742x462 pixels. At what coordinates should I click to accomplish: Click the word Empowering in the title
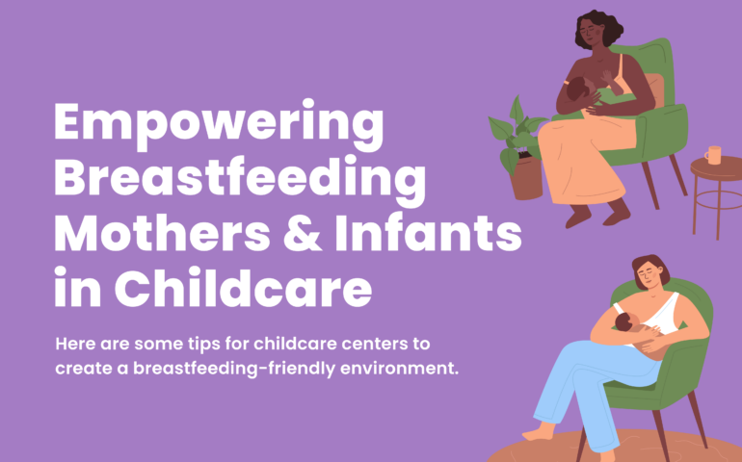219,126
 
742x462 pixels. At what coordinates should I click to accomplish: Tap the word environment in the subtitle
399,369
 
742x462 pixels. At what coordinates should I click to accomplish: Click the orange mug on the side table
713,155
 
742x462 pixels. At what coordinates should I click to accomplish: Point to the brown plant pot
526,179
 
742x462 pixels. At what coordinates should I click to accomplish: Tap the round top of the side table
716,168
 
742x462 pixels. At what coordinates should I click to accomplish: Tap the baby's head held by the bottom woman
625,322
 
